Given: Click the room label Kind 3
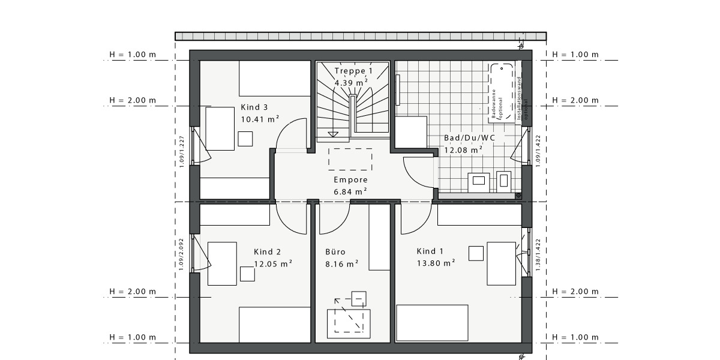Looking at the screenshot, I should tap(254, 107).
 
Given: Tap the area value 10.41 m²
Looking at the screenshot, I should tap(260, 119).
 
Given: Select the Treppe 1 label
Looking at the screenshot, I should tap(353, 71).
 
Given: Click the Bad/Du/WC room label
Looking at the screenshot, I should tap(469, 138).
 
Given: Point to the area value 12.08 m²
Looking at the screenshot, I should tap(463, 150).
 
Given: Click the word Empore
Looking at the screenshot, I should tap(350, 179).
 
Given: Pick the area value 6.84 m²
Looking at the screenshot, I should tap(350, 191).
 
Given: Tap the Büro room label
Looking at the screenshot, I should tap(335, 252).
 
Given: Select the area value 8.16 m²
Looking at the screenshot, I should tap(341, 263).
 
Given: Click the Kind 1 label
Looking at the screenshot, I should tap(430, 251).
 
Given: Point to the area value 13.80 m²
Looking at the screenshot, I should tap(436, 263).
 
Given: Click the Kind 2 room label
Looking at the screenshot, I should tap(267, 252).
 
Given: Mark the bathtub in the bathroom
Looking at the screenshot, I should tap(502, 93).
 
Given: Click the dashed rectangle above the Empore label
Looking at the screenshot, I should tap(350, 159).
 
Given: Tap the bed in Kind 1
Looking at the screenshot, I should tap(432, 323).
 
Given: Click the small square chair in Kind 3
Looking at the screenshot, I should tap(245, 139).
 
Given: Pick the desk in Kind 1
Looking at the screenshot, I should tap(501, 263).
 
